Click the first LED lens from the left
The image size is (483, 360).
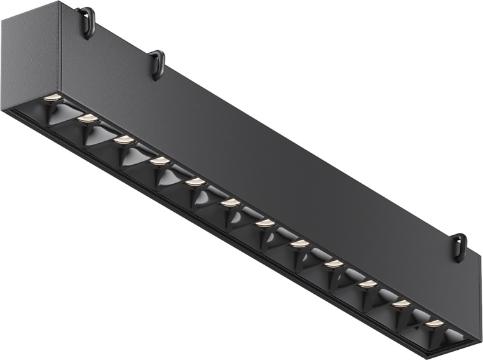[52, 97]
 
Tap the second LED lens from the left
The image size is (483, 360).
[87, 118]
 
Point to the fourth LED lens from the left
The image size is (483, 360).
[160, 162]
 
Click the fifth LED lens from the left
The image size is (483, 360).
[195, 183]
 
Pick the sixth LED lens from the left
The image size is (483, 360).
[231, 203]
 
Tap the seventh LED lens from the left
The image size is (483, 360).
[265, 223]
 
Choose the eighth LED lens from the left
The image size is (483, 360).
[299, 244]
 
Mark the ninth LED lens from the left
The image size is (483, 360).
[333, 263]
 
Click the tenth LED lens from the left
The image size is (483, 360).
[367, 284]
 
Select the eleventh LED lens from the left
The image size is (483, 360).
[400, 304]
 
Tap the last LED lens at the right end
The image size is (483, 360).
[434, 323]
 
